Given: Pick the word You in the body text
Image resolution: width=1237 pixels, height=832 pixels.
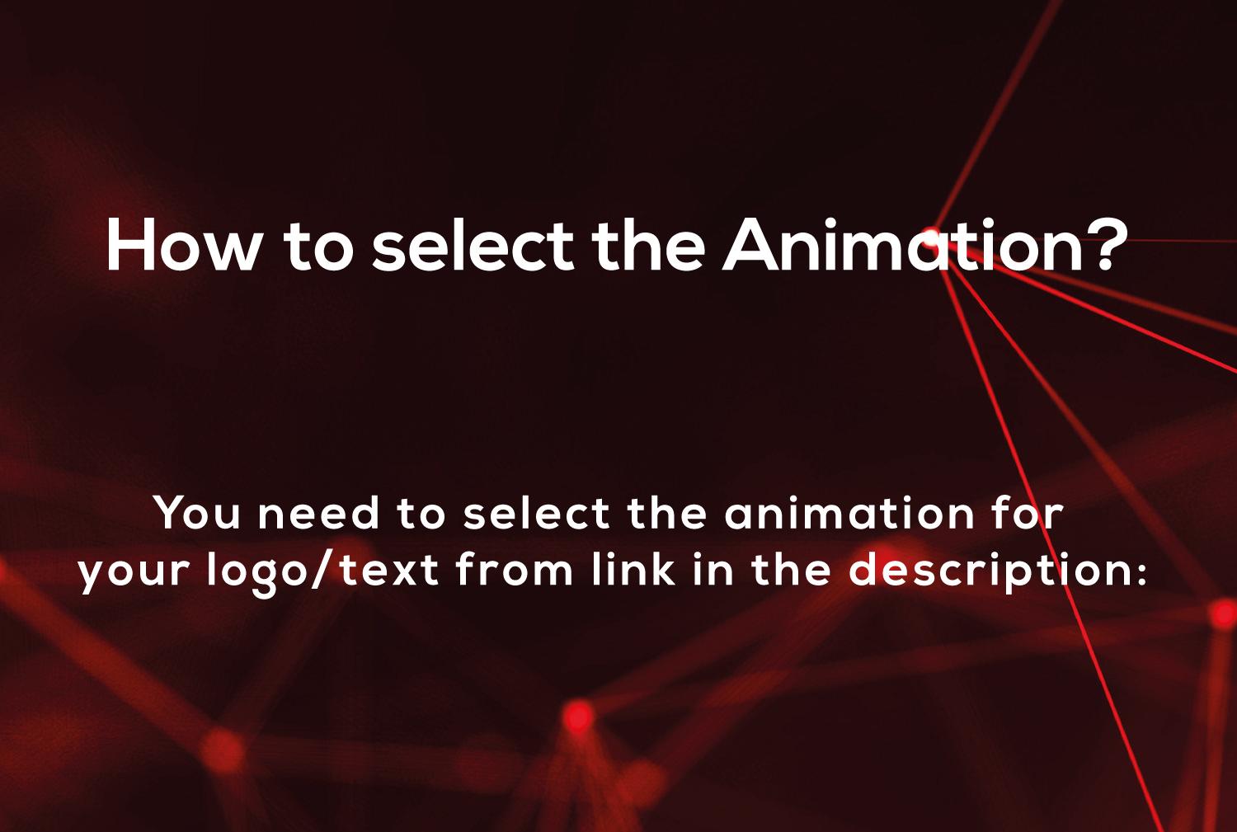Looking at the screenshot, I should tap(198, 514).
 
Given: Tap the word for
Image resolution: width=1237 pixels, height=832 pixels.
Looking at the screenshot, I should tap(1029, 514).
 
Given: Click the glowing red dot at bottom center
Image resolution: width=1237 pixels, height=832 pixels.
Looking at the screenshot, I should tap(579, 716).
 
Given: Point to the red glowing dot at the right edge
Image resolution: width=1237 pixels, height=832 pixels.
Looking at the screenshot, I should tap(1223, 613).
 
